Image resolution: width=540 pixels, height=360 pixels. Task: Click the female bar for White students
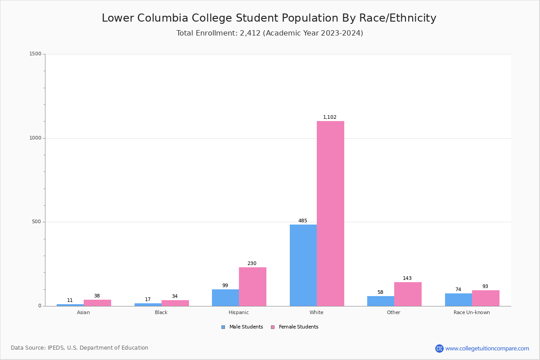coord(330,213)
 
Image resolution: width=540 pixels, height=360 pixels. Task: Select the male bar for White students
coord(303,265)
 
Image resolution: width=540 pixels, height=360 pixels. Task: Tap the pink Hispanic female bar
coord(252,287)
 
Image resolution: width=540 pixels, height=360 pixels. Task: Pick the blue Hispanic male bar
coord(225,297)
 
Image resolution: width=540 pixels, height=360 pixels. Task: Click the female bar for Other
coord(408,294)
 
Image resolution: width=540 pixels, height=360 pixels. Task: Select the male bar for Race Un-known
coord(459,300)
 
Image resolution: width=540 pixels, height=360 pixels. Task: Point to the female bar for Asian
coord(97,303)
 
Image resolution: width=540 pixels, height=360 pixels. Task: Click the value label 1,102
coord(330,117)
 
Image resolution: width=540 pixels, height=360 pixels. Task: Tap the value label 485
coord(303,221)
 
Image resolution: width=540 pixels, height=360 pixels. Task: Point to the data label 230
coord(252,264)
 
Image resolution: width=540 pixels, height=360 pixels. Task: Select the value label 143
coord(407,279)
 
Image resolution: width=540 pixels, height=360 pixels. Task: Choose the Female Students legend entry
coord(295,327)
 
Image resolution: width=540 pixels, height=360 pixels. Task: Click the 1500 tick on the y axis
coord(35,54)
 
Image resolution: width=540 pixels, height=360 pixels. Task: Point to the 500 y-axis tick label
coord(36,222)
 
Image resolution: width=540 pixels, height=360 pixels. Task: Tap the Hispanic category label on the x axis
coord(238,312)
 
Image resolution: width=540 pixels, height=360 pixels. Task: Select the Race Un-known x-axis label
coord(472,312)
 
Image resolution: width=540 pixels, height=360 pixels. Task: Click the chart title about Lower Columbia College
coord(269,18)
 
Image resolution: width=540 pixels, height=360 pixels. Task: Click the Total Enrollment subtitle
coord(270,33)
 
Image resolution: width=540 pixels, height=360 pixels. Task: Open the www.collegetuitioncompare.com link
coord(487,348)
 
